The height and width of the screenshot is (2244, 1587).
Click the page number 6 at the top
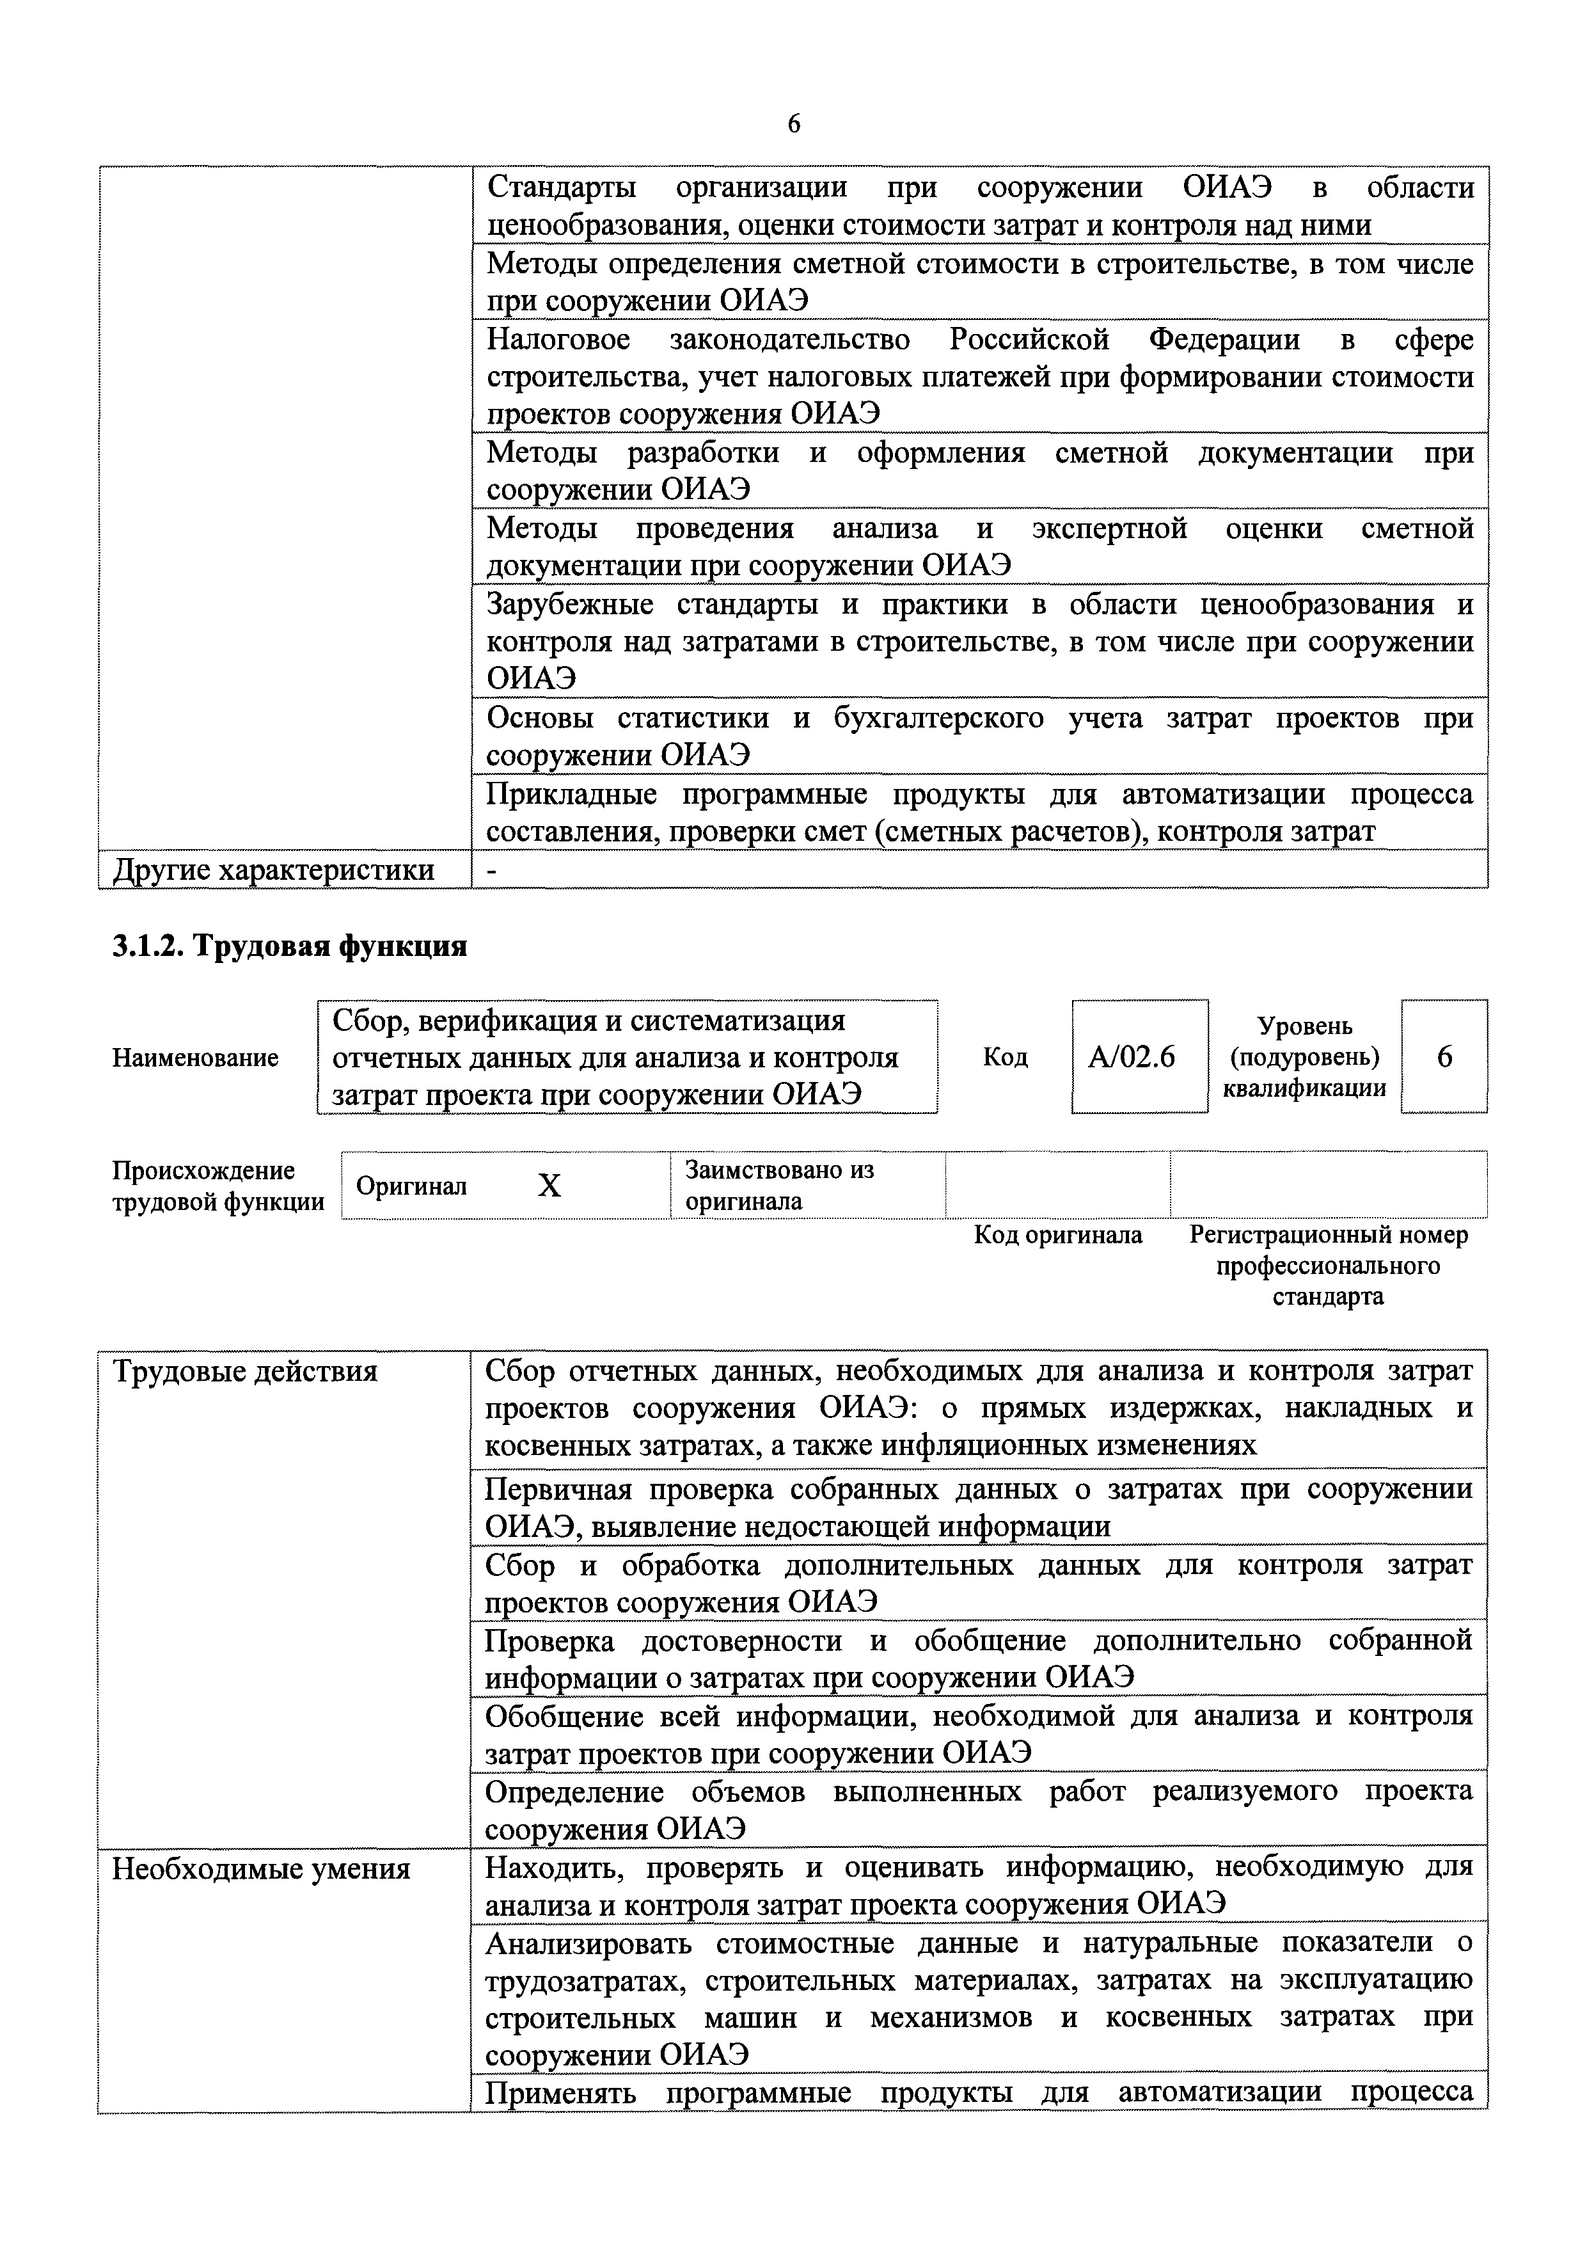pos(793,124)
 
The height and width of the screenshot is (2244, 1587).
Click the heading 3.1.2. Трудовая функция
pos(289,946)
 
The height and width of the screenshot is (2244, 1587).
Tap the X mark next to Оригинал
pos(550,1186)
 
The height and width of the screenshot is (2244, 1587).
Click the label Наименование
pos(196,1058)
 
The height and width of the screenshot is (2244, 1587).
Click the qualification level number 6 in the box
pos(1444,1056)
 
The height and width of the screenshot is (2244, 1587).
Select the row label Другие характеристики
pos(274,869)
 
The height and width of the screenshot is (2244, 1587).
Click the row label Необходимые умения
pos(261,1868)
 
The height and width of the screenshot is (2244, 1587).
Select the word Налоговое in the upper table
pos(558,339)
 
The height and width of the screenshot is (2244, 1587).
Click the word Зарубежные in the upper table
pos(570,604)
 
